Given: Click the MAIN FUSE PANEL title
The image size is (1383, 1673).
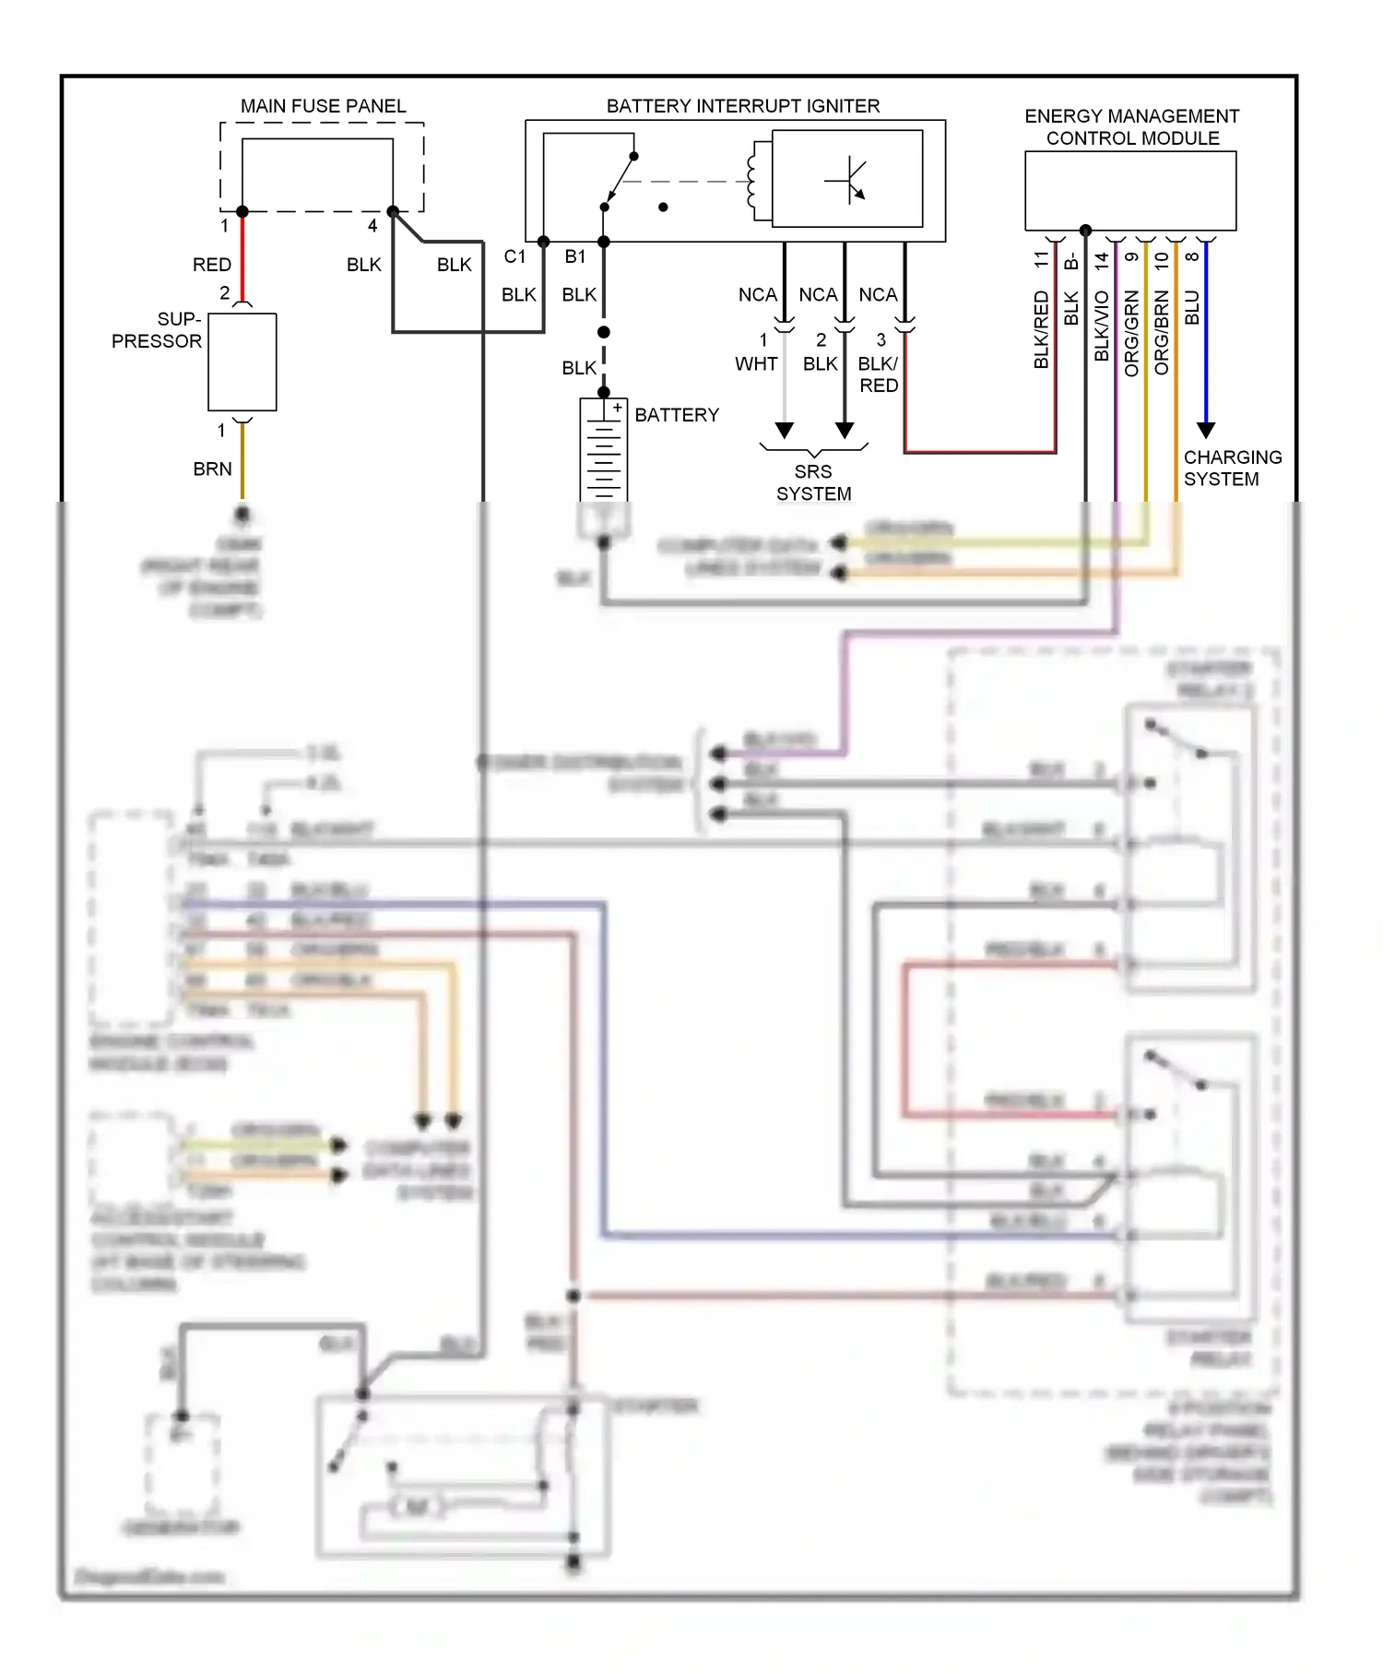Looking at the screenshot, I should pos(323,106).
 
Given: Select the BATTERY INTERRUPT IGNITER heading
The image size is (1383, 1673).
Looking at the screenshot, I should pos(742,106).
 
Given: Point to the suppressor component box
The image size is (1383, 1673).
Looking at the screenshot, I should pos(242,362).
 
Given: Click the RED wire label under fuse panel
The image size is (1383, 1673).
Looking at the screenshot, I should pos(211,265).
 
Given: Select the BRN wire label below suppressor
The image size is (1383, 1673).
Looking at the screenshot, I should pos(212,469).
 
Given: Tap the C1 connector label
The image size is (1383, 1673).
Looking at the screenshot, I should pos(514,256).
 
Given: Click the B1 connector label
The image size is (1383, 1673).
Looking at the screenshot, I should pos(575,256).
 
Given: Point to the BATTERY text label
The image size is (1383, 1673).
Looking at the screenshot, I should pos(676,415).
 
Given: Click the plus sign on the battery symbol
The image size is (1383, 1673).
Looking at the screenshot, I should pos(617,408).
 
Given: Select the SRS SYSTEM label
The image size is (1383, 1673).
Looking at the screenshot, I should pos(813,482).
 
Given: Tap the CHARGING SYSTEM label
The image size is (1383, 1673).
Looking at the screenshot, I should pos(1232,469).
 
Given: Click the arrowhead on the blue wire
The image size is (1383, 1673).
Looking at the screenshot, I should pos(1205,431).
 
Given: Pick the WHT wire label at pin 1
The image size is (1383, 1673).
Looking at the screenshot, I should pos(755,364).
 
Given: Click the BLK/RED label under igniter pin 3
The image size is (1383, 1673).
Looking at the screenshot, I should pos(878,374).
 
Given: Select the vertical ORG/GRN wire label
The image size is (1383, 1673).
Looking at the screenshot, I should pos(1131,333).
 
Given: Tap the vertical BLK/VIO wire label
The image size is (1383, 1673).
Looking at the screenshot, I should pos(1101,326).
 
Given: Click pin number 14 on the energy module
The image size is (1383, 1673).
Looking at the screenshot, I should pos(1101,261).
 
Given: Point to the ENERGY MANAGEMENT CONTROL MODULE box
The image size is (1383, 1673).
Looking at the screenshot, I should pos(1130,191).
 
